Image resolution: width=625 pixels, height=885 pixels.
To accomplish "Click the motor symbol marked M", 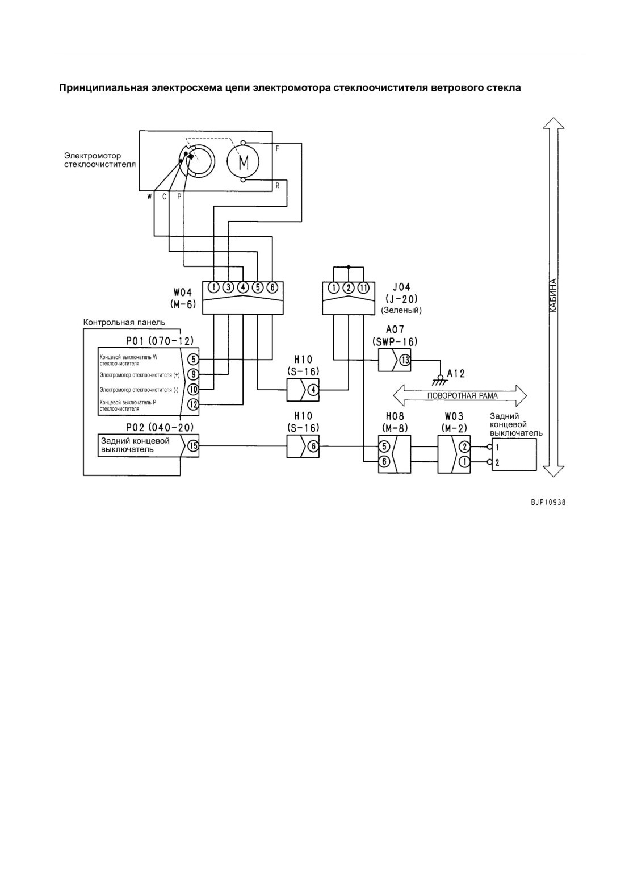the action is pos(243,161).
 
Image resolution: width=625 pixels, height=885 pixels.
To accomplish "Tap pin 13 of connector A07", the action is pos(405,360).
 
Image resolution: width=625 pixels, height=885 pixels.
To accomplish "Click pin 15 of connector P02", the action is pos(193,446).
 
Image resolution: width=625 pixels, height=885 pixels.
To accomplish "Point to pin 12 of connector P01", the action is pos(193,404).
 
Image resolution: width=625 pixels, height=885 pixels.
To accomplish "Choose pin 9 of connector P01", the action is pos(193,374).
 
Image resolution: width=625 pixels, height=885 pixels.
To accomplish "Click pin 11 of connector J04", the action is pos(363,287).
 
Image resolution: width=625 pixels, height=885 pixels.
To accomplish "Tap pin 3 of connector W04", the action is pos(228,287).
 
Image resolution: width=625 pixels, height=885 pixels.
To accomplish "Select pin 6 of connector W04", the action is pos(272,287).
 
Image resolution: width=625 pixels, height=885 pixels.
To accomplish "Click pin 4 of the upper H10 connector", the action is pos(313,390).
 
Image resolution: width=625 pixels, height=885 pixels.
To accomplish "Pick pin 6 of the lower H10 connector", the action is pos(313,446).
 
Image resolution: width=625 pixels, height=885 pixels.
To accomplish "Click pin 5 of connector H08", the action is pos(384,446).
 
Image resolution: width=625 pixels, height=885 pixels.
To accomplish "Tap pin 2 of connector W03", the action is pos(464,447).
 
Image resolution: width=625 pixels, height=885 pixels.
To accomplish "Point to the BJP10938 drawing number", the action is pos(548,503).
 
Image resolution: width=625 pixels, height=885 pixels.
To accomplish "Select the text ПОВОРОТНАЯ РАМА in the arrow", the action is pos(462,395).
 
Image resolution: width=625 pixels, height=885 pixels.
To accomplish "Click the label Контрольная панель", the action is pos(124,323).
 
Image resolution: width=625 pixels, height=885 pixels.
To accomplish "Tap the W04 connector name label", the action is pos(183,293).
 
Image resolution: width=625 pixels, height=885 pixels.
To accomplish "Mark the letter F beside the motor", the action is pos(277,149).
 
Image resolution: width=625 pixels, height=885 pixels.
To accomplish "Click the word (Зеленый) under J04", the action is pos(401,311).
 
